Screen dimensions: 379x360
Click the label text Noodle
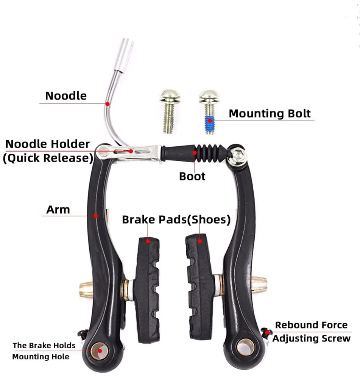[x=66, y=96]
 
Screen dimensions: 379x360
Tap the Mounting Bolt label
[x=270, y=113]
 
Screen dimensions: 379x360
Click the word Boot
[x=192, y=176]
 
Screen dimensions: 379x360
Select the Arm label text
[x=58, y=209]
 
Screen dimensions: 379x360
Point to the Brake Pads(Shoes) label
[x=176, y=220]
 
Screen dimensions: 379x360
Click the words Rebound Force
[x=311, y=325]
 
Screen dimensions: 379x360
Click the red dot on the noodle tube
[x=108, y=103]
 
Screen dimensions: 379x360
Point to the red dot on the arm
[x=96, y=216]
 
